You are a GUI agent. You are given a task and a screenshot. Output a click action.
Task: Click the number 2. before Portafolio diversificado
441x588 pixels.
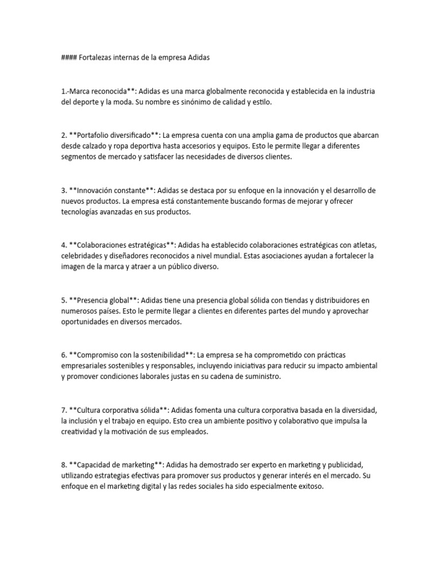click(x=64, y=136)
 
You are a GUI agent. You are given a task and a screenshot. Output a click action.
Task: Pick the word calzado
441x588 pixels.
click(x=98, y=146)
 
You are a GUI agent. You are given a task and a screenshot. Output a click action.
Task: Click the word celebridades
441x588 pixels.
click(x=84, y=256)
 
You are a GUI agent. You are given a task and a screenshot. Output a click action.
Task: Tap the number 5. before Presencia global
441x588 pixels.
click(x=64, y=300)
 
